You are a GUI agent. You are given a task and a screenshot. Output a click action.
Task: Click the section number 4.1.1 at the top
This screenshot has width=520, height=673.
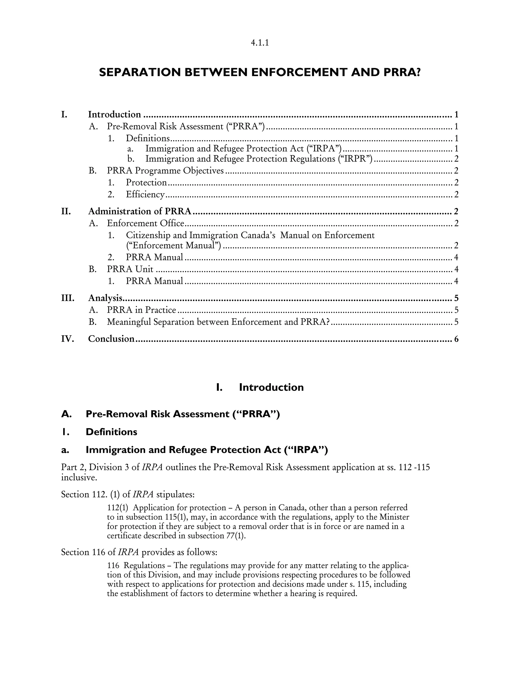click(260, 43)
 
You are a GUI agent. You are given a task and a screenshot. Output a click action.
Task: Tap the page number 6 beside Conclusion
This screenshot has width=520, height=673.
click(456, 339)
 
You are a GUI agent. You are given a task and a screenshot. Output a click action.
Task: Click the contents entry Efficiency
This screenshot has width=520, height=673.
click(145, 195)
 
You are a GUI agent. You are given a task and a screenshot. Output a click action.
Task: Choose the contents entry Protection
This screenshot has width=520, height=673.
click(146, 182)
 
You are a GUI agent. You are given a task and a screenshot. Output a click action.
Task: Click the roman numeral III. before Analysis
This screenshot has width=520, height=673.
click(68, 298)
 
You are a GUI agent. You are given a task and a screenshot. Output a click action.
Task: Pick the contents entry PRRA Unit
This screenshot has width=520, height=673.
click(130, 269)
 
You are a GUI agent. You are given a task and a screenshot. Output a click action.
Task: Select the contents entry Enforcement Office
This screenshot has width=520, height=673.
click(145, 223)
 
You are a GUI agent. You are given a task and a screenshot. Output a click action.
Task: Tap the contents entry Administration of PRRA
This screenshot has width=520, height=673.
click(140, 211)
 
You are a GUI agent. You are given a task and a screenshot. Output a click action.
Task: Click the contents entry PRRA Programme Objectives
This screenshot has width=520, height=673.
click(165, 170)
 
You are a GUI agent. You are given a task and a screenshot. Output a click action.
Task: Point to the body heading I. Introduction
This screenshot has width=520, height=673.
click(260, 387)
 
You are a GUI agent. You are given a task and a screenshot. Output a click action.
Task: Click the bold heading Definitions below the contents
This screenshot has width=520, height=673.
click(111, 432)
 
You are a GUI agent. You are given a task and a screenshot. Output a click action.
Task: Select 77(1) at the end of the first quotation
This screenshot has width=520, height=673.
click(236, 536)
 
